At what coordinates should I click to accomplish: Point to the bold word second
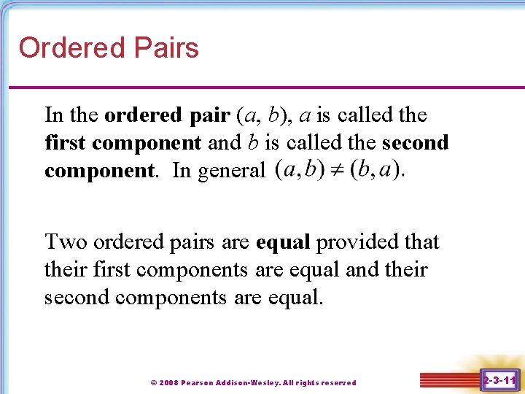click(x=415, y=143)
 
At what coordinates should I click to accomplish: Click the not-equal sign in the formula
click(x=338, y=171)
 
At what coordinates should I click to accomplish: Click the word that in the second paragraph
click(x=424, y=242)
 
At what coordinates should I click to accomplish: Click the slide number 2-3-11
click(x=499, y=380)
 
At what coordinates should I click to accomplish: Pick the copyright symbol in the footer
click(x=153, y=382)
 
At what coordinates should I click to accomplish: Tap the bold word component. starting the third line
click(x=100, y=172)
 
